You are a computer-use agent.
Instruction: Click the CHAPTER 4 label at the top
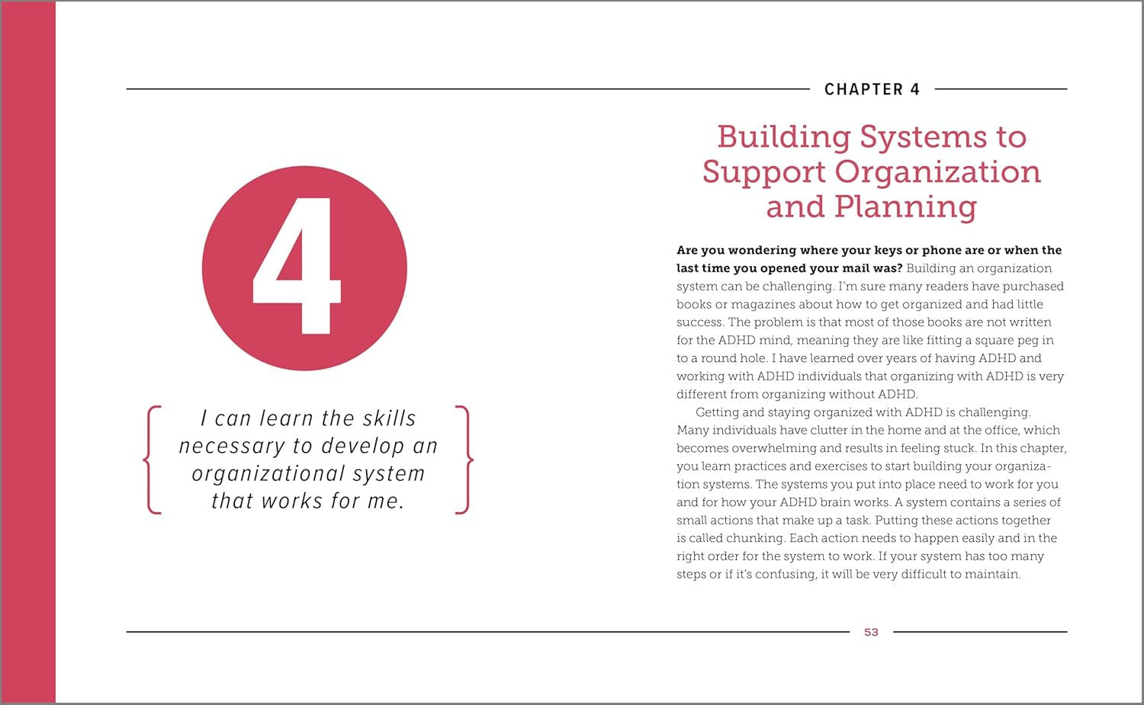(872, 89)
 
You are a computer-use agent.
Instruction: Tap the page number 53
(871, 632)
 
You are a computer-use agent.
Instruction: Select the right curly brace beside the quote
(464, 460)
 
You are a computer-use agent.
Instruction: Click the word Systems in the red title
(924, 137)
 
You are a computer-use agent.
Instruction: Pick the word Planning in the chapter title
(905, 207)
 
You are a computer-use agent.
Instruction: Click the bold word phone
(943, 250)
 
